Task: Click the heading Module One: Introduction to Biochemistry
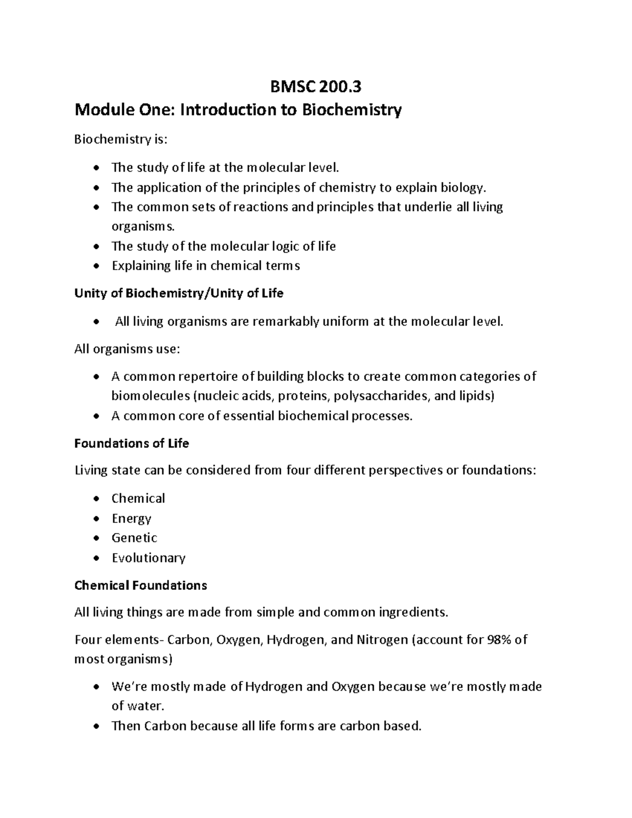[238, 110]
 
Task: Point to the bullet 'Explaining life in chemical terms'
[205, 265]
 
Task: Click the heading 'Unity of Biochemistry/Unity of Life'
[179, 293]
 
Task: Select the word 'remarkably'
[285, 321]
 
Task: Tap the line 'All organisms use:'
[127, 349]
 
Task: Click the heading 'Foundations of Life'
[131, 444]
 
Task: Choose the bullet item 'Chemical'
[138, 498]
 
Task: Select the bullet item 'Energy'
[131, 518]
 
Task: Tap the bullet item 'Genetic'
[134, 538]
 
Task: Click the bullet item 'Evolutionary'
[148, 558]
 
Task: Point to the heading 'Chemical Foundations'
[141, 585]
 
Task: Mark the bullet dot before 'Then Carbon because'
[95, 727]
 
